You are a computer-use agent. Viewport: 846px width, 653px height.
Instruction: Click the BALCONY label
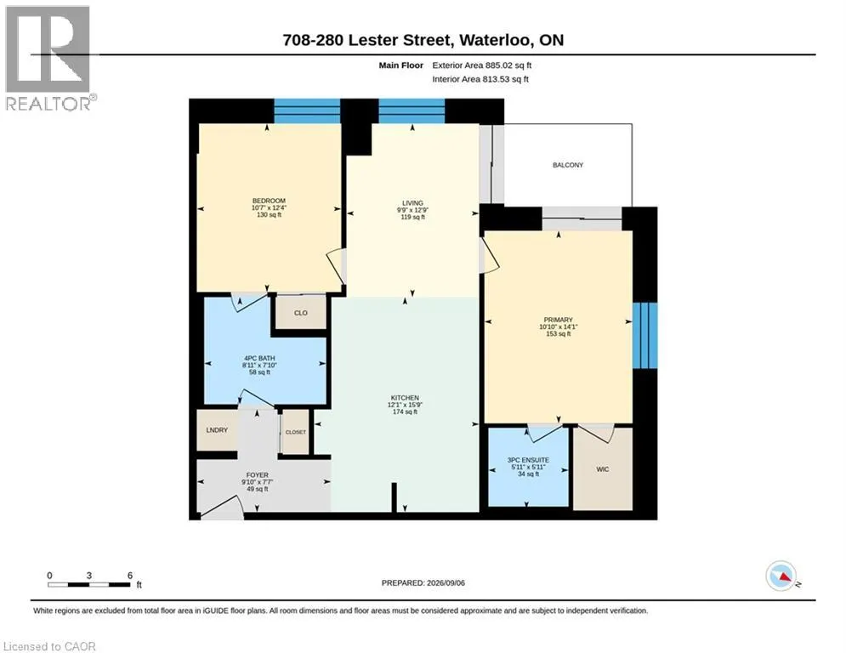(x=568, y=165)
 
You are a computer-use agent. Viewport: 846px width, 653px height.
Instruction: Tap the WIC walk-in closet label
(x=603, y=469)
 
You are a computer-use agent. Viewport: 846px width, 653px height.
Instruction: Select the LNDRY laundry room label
(x=217, y=430)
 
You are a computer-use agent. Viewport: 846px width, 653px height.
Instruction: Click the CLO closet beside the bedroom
(x=300, y=313)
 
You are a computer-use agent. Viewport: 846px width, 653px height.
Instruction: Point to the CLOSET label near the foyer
(x=296, y=432)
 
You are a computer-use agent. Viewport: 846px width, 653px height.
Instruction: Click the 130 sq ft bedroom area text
(x=270, y=215)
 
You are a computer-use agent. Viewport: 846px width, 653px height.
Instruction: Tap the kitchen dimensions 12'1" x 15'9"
(x=405, y=405)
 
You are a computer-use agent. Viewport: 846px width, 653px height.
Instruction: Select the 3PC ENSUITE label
(x=528, y=460)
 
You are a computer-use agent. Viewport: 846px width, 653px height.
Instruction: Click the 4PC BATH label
(x=259, y=358)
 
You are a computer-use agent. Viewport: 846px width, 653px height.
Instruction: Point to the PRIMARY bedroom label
(x=559, y=320)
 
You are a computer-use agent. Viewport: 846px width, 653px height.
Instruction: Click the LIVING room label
(x=412, y=203)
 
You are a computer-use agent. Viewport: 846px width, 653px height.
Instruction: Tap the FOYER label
(x=258, y=475)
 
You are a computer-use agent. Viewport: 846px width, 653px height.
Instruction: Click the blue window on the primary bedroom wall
(x=644, y=335)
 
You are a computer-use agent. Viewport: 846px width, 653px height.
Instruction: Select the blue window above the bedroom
(x=307, y=111)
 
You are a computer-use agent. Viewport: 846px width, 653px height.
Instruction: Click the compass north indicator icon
(x=781, y=576)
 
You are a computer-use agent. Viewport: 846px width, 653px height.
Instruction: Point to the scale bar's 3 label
(x=89, y=576)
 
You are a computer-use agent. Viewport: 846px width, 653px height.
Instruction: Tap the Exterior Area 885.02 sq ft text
(x=482, y=65)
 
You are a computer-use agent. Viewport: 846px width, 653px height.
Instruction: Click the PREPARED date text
(x=423, y=582)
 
